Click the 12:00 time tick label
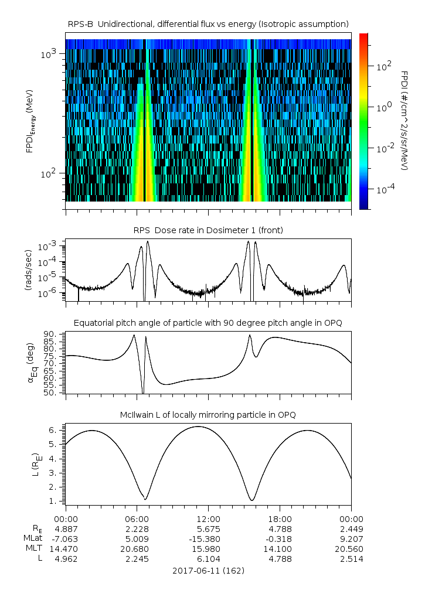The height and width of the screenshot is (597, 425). (208, 518)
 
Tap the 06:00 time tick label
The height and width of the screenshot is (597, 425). (137, 518)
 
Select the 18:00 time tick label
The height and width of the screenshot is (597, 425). (280, 518)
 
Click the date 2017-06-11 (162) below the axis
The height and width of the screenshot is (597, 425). (208, 570)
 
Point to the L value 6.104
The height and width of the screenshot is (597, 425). (208, 558)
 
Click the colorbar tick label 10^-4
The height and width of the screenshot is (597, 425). (384, 190)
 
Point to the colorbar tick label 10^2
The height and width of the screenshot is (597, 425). (384, 66)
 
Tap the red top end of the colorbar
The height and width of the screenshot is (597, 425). (363, 37)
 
